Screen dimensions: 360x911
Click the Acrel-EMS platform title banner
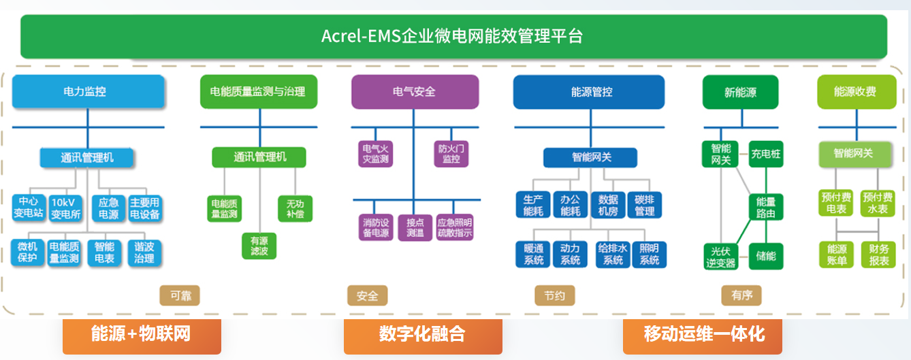453,36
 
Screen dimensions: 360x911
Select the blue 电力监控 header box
88,91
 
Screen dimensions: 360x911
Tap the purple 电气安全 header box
415,91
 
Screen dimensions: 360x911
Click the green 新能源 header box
740,92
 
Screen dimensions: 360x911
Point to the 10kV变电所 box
66,208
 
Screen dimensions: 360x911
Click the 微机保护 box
27,252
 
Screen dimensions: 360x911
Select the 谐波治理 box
144,252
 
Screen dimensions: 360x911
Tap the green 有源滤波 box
259,246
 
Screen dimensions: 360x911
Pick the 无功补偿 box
295,208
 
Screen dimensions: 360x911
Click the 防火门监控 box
451,154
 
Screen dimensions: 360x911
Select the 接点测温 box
415,227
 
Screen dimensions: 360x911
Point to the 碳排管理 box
644,206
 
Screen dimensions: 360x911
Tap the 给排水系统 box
612,254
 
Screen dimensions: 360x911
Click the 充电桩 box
766,154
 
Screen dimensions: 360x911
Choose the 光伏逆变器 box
721,257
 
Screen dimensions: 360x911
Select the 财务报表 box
879,255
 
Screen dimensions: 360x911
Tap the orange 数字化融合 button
422,335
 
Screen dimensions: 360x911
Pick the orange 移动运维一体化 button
703,335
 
